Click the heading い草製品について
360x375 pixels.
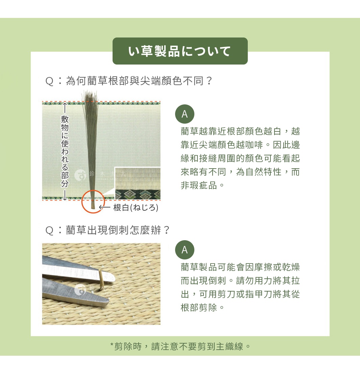coord(180,51)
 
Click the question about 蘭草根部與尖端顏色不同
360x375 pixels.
coord(129,81)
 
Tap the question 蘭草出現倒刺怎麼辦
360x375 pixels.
coord(107,230)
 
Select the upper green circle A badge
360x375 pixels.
coord(185,114)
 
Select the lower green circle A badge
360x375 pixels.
coord(185,250)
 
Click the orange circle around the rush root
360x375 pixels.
coord(93,201)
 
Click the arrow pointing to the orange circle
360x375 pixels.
coord(105,207)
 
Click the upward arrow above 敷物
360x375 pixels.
coord(65,108)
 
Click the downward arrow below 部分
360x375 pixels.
coord(65,195)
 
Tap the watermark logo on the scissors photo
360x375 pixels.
coord(80,289)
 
